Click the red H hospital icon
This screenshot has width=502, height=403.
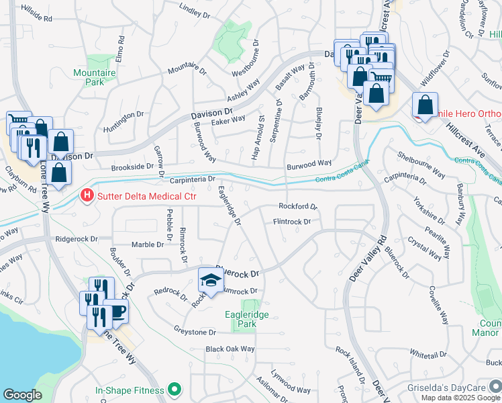point(87,196)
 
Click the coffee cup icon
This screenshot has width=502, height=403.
point(117,312)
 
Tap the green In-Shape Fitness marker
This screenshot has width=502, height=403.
point(175,390)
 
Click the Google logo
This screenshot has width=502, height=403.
point(22,395)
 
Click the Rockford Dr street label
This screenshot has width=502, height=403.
point(297,207)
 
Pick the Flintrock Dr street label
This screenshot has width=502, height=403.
point(292,221)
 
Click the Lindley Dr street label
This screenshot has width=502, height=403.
point(195,10)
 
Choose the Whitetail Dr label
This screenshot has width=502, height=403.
point(428,354)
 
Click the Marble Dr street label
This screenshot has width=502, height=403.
point(147,244)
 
